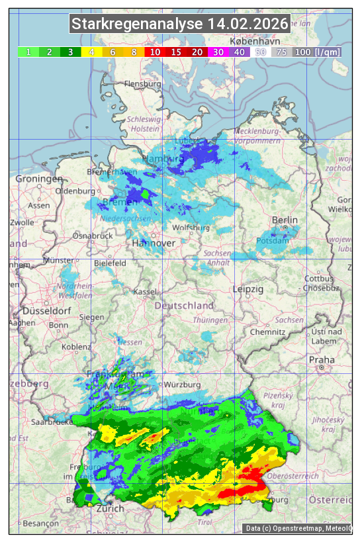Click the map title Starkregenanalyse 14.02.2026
coord(180,24)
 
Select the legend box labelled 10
coord(155,52)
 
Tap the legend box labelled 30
coord(218,52)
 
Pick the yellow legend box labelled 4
coord(92,52)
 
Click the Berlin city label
coord(285,220)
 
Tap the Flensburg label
coord(142,85)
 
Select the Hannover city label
coord(154,243)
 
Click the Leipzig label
coord(248,289)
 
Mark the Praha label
coord(322,360)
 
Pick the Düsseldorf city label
coord(46,310)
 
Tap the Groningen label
coord(39,179)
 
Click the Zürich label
coord(110,508)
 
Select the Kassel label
coord(144,292)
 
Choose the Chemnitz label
coord(268,332)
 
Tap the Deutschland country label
coord(184,305)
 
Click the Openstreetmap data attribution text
coord(298,528)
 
